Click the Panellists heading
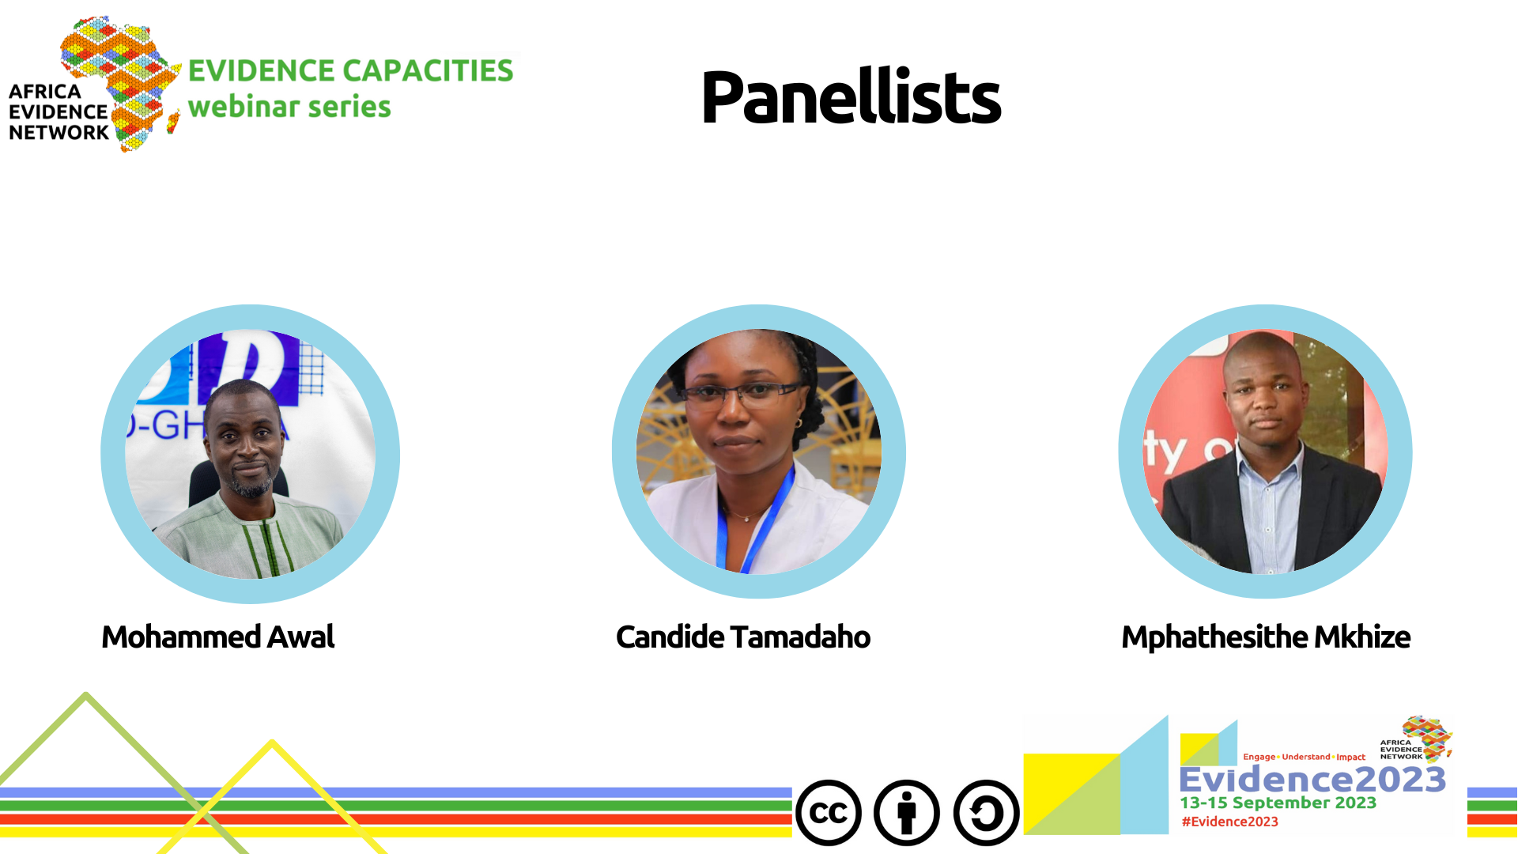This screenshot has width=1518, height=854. (851, 98)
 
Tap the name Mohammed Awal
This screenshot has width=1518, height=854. (218, 637)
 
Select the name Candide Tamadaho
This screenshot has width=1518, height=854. (743, 637)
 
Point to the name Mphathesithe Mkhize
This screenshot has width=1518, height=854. (1266, 637)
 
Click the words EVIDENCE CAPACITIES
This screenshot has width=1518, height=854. (350, 70)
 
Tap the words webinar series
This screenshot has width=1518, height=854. (289, 107)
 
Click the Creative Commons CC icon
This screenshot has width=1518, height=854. (829, 813)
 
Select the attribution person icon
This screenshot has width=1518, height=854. (907, 813)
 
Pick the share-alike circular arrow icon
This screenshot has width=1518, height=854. (986, 813)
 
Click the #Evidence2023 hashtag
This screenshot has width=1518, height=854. (1229, 822)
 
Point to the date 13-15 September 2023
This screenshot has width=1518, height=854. (1278, 803)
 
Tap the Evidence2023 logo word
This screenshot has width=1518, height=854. (1312, 780)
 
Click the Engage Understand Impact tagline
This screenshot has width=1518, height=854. (1304, 757)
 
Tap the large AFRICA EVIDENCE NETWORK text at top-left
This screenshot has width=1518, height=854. (59, 112)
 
